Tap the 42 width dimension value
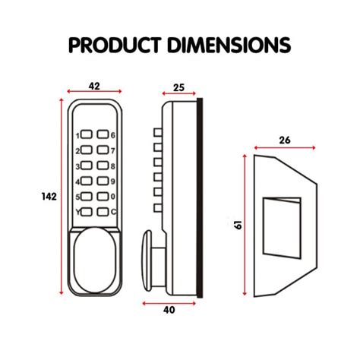[x=94, y=87]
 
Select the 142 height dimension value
[x=49, y=197]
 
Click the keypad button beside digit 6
[x=103, y=136]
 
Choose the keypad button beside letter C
[x=103, y=212]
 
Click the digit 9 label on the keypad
[x=113, y=182]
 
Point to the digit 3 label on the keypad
[x=76, y=166]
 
